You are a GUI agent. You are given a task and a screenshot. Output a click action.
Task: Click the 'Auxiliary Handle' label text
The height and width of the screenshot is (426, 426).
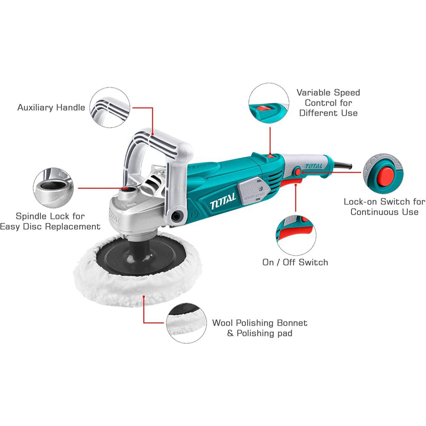point(51,108)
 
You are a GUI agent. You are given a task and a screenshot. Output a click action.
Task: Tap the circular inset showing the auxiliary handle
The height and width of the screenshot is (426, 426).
point(110,108)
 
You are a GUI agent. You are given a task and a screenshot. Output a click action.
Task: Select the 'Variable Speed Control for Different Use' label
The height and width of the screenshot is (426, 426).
point(328,103)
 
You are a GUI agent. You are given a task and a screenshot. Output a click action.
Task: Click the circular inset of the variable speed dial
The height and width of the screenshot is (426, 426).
point(269,103)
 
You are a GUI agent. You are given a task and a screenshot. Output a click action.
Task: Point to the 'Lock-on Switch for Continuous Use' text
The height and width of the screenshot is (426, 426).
point(384,207)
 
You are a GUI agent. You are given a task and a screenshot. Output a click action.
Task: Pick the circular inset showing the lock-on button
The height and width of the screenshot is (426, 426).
point(383,173)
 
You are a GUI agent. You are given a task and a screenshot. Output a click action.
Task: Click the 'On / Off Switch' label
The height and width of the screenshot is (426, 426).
point(295,262)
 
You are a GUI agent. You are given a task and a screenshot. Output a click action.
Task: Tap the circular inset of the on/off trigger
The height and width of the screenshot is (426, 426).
point(296,235)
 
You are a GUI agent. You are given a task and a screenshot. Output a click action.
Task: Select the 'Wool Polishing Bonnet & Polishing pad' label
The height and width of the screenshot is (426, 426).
point(260,328)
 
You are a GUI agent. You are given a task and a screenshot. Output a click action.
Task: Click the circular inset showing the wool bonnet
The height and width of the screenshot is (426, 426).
point(187,323)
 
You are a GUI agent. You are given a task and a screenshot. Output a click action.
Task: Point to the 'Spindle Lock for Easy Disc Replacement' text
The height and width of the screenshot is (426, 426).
point(50,221)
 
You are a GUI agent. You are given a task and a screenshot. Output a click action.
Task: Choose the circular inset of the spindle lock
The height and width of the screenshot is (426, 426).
point(53,188)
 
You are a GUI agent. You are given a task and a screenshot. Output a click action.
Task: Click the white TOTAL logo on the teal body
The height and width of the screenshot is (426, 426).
point(223,201)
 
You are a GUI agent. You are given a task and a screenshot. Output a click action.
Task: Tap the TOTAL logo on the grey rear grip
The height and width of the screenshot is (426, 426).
point(314,166)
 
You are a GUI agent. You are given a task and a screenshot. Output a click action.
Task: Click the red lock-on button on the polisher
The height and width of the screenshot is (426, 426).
point(298,172)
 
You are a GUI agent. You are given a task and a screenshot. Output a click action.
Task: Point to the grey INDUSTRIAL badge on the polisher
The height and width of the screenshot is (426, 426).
point(253,190)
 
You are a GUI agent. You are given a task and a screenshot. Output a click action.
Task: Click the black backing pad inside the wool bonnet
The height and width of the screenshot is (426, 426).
point(141,258)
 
